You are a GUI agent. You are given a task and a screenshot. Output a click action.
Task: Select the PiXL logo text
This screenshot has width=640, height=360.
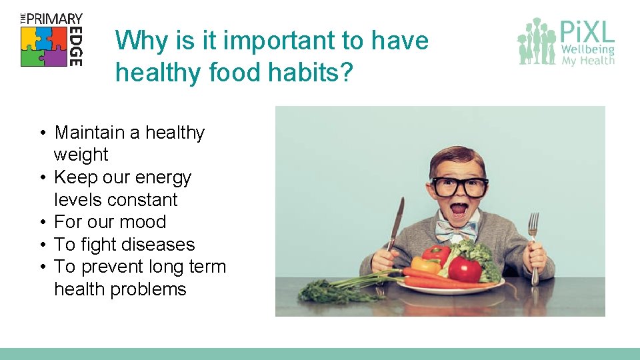point(587,31)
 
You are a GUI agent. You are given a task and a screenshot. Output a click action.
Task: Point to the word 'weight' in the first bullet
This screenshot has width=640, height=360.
point(81,155)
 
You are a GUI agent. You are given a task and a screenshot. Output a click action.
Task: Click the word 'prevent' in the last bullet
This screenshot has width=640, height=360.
point(116,267)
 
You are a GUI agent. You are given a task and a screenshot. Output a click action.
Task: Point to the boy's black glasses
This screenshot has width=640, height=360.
point(460,186)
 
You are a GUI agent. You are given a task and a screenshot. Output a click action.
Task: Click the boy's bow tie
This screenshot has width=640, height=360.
point(457,231)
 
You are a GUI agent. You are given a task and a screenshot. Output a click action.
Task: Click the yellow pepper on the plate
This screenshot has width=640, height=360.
point(425,265)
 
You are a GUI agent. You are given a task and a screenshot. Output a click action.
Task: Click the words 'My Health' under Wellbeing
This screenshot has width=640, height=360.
point(587,61)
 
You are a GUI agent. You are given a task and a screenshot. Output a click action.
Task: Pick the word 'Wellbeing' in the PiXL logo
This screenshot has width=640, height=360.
point(587,49)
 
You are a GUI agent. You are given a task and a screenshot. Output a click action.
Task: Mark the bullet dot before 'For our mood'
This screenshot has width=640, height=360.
point(42,223)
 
